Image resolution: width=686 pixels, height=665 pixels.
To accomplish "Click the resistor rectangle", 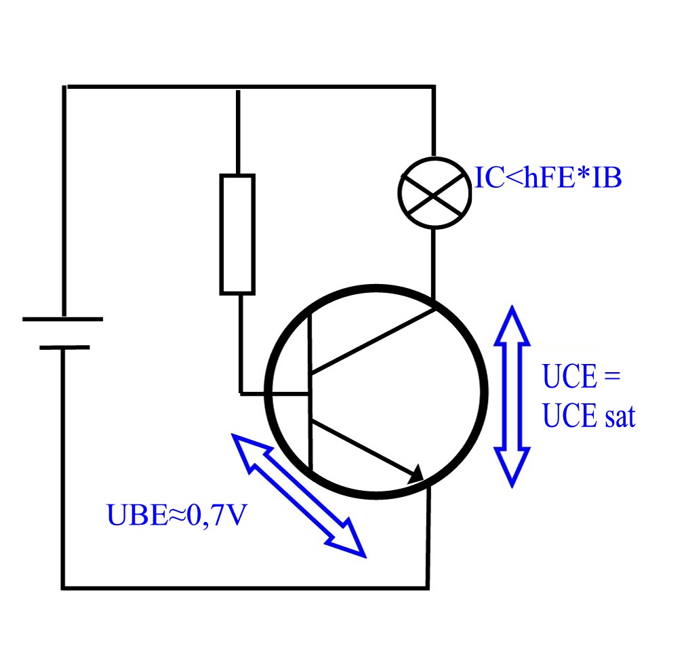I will point(237,234).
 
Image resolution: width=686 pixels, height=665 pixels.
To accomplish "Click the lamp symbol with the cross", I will point(434,193).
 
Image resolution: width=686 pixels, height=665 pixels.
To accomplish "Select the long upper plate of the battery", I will point(62,319).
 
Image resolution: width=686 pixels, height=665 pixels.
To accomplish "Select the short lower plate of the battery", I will point(64,347).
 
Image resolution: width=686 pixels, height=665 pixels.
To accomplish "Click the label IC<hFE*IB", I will point(547,180).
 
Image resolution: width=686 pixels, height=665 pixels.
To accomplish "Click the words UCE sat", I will point(589,416).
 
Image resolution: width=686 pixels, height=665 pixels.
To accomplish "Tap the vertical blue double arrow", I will point(512,396).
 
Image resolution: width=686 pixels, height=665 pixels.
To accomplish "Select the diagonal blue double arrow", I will point(299,495).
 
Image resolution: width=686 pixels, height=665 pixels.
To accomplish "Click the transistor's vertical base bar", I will point(310,393).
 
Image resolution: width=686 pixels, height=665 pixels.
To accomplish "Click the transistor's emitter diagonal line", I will point(363,447).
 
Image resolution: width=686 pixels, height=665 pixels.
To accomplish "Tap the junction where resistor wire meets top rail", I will point(237,87).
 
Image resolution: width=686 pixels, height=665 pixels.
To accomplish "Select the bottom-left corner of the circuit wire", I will point(63,586).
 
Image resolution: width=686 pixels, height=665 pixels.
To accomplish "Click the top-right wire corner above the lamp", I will point(433,87).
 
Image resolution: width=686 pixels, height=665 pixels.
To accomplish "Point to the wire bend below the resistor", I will point(241,392).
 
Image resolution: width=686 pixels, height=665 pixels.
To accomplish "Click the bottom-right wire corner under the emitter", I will point(427,586).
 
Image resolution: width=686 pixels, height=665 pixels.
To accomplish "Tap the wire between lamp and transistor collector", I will point(434,264).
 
